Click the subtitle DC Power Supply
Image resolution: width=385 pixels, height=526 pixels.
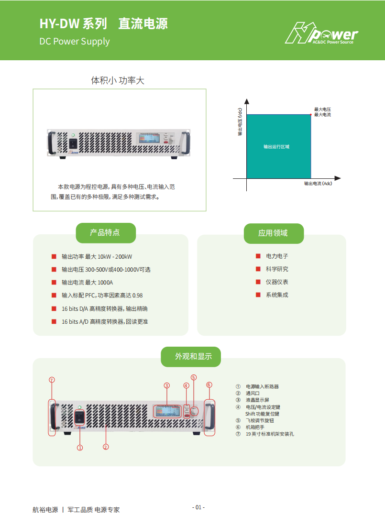click(75, 42)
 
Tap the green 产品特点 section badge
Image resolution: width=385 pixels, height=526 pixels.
click(105, 233)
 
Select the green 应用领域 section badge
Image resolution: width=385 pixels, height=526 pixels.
click(273, 233)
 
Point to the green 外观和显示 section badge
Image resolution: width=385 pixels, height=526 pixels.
click(190, 356)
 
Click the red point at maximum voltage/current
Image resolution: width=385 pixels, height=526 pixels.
click(311, 114)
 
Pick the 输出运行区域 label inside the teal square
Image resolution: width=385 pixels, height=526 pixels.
click(276, 147)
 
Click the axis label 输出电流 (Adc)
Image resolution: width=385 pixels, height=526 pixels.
click(318, 184)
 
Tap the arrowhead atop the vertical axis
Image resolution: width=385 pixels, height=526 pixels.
click(247, 101)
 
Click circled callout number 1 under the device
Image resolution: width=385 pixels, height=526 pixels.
click(80, 448)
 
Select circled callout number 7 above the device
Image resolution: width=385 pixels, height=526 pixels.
click(52, 380)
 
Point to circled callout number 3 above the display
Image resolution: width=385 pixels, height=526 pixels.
click(166, 385)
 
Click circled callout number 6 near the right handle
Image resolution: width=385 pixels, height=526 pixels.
click(209, 384)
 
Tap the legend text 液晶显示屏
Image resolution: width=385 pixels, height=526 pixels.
click(257, 400)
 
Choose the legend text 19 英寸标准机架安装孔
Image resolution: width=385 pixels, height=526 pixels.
click(269, 434)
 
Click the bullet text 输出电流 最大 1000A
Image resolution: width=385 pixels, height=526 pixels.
click(88, 283)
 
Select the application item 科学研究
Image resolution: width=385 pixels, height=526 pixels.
click(277, 269)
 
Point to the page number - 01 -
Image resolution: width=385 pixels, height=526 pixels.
click(198, 507)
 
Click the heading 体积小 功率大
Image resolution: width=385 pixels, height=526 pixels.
click(118, 81)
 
